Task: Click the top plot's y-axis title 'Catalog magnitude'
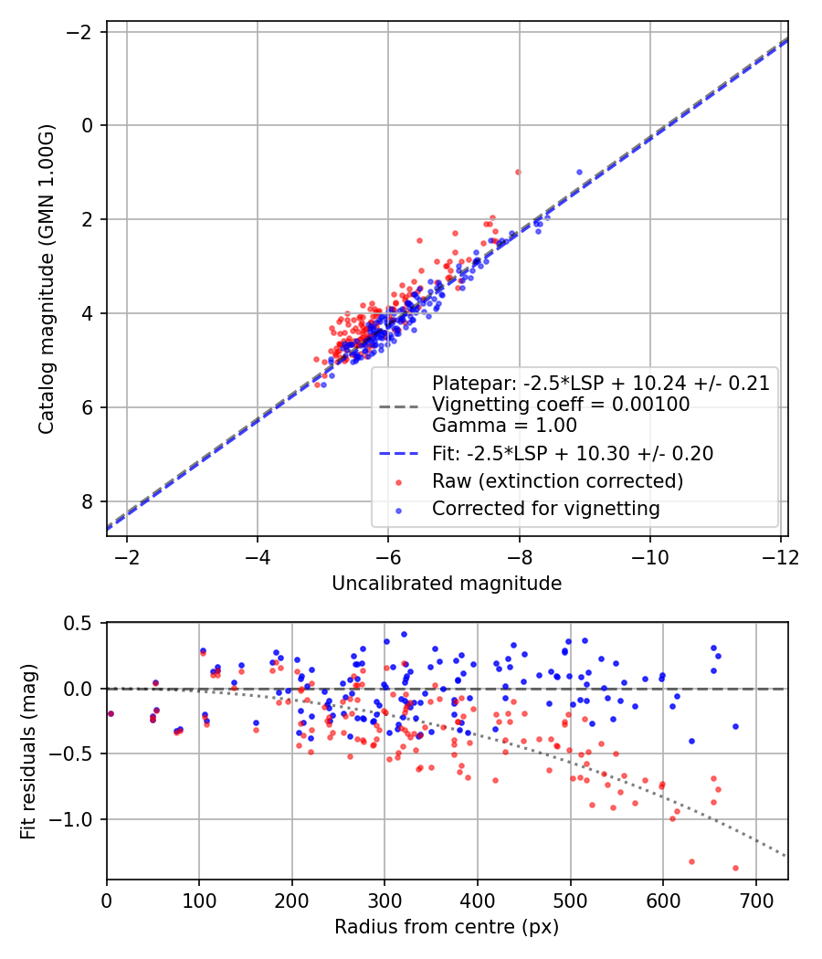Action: tap(47, 279)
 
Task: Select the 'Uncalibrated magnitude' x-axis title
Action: tap(447, 583)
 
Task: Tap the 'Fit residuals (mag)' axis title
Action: tap(28, 752)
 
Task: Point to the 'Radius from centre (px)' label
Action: tap(447, 927)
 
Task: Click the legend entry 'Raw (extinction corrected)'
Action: tap(557, 480)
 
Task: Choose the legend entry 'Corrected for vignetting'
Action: tap(545, 508)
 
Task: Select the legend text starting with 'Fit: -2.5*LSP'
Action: tap(573, 453)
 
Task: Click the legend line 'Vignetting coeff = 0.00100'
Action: tap(561, 404)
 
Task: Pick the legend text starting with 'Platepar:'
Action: tap(601, 383)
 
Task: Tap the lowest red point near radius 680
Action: tap(735, 868)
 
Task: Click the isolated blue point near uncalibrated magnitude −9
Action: tap(579, 172)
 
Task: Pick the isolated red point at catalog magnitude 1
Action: tap(518, 172)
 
